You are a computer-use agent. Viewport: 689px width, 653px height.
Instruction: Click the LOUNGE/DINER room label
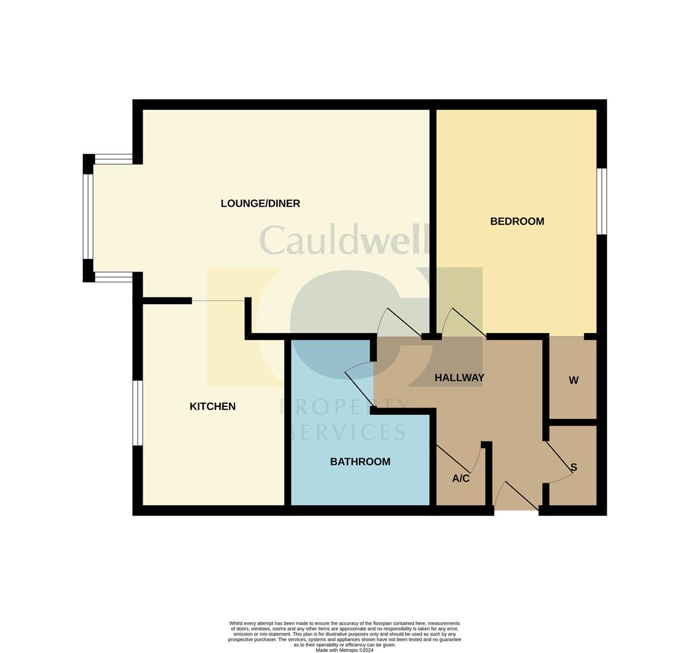click(x=260, y=203)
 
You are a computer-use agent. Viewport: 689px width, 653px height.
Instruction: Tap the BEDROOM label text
click(x=517, y=221)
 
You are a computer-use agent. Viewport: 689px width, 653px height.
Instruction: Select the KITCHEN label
click(x=213, y=406)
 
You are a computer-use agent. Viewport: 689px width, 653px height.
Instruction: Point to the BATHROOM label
click(x=360, y=462)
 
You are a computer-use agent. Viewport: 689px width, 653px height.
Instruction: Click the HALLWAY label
click(x=459, y=377)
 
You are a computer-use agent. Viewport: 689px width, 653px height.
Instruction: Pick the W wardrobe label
click(x=574, y=380)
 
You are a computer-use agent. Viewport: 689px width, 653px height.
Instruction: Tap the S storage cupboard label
click(x=574, y=467)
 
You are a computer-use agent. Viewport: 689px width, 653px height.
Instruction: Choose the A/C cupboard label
click(x=461, y=478)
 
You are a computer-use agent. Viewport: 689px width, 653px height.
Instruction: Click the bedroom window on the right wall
click(x=601, y=201)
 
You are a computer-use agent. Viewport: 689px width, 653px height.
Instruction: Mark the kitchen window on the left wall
click(x=138, y=413)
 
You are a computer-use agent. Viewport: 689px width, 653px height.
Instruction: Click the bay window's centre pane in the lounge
click(x=88, y=217)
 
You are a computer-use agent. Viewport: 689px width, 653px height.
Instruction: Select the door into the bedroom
click(x=464, y=322)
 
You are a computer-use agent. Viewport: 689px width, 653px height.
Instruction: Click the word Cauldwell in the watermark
click(x=343, y=240)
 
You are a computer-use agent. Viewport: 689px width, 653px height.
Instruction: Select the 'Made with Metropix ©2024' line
click(x=344, y=650)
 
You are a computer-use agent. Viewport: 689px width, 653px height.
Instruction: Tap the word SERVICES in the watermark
click(x=349, y=432)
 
